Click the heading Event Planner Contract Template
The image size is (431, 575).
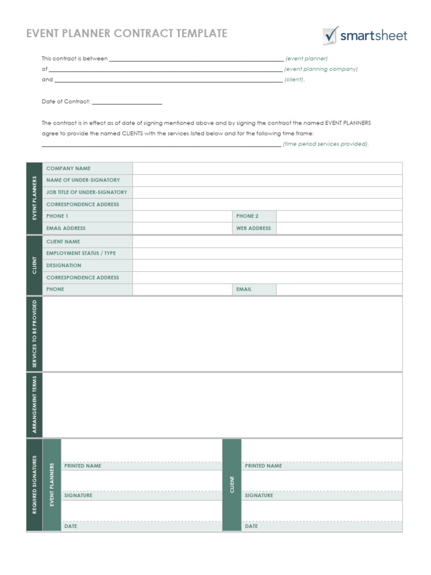[x=127, y=34]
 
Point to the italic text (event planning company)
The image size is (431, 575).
[x=321, y=69]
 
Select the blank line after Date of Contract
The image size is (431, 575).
[x=127, y=102]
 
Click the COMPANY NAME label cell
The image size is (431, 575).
[x=88, y=168]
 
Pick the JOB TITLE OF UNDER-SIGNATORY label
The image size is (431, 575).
[x=88, y=192]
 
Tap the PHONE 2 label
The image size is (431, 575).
[x=254, y=216]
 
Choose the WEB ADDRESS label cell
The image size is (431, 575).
[x=254, y=229]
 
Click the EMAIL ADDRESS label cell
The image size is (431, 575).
[x=88, y=229]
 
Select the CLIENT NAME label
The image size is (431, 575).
[x=88, y=241]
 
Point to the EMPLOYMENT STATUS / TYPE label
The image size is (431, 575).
[x=88, y=253]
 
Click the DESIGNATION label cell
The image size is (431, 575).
[x=88, y=266]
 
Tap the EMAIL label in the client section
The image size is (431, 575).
[x=254, y=290]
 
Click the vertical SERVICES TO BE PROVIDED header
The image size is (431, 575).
[x=34, y=334]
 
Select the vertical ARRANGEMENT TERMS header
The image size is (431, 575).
[x=34, y=405]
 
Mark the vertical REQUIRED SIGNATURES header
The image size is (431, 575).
[x=34, y=485]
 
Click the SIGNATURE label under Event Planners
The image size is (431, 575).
[x=79, y=496]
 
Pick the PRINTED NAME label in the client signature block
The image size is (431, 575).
[x=263, y=466]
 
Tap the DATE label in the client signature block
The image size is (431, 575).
[x=251, y=527]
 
